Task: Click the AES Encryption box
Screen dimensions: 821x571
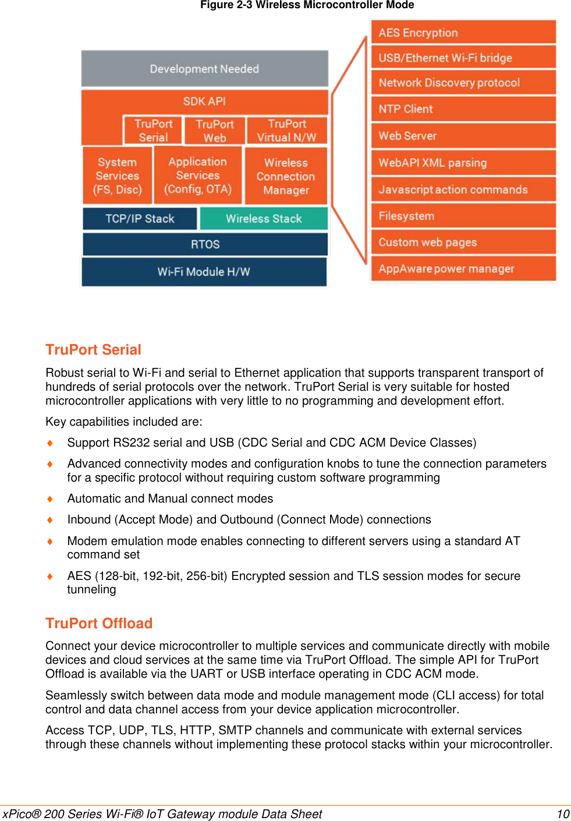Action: coord(463,33)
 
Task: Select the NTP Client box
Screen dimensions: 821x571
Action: coord(463,109)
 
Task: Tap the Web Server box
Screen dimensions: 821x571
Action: coord(463,136)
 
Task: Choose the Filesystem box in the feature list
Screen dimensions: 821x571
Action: coord(463,216)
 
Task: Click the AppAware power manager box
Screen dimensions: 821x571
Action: coord(463,269)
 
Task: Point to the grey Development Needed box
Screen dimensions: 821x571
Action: coord(204,69)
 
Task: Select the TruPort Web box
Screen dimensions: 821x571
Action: coord(214,131)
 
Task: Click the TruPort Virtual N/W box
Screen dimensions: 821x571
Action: coord(286,131)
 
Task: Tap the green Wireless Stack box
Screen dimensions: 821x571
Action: coord(264,219)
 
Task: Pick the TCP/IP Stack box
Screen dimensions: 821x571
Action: coord(140,219)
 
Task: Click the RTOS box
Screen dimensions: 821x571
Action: coord(205,245)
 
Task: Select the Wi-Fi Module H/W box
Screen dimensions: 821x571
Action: coord(204,272)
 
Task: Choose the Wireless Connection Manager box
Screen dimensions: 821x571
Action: coord(286,176)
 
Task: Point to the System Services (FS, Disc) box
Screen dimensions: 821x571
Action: coord(118,175)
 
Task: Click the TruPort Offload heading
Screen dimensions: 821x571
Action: coord(99,624)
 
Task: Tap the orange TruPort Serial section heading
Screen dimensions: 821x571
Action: coord(93,350)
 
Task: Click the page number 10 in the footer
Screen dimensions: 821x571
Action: coord(563,814)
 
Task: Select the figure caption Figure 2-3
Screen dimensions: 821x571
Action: coord(307,5)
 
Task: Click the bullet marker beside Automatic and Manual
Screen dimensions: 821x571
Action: coord(50,499)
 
